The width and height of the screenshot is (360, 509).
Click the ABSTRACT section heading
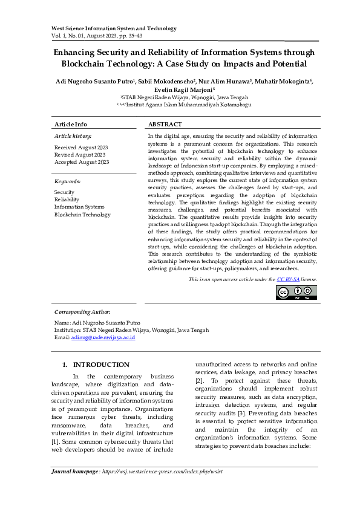(x=165, y=124)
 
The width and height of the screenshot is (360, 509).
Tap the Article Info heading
(x=71, y=124)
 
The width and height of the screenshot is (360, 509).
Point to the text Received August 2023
(x=81, y=148)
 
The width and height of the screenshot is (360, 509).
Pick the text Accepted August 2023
(x=82, y=162)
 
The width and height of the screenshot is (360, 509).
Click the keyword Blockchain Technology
(x=82, y=215)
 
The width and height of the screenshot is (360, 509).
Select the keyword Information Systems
(x=79, y=207)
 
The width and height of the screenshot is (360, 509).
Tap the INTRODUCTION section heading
(x=101, y=365)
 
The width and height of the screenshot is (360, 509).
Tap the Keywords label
(x=67, y=181)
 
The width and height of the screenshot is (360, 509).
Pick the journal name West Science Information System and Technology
(x=114, y=28)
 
